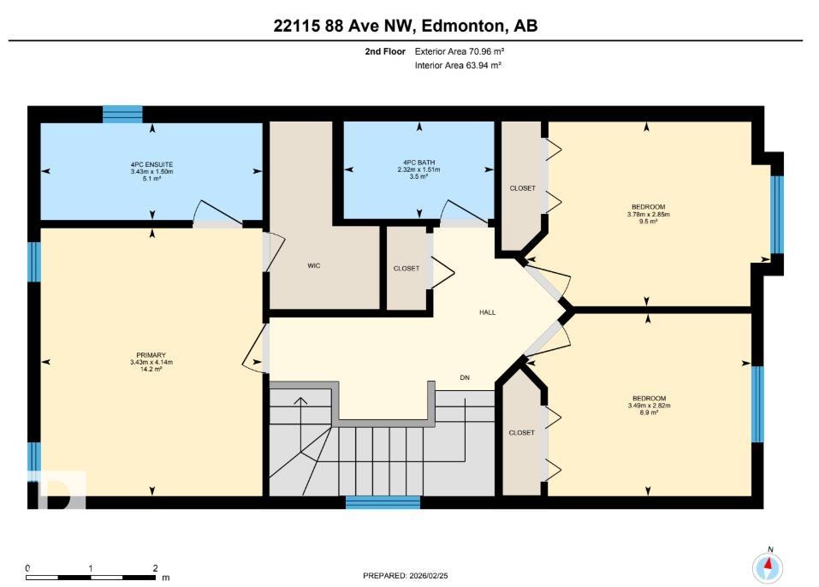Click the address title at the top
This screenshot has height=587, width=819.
406,27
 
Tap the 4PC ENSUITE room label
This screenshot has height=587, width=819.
151,163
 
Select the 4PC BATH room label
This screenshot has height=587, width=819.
419,163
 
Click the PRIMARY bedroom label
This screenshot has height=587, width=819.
151,355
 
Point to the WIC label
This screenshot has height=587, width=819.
314,266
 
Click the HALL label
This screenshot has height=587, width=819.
487,312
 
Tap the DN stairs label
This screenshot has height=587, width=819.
465,377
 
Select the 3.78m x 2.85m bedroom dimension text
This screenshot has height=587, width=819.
647,214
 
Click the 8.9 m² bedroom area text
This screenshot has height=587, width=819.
647,412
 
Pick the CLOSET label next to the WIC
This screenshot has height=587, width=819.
407,269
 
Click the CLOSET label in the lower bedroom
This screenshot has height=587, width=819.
521,433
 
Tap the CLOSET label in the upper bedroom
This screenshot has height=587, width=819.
522,188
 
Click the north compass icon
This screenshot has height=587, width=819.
767,566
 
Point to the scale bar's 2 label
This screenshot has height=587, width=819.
155,568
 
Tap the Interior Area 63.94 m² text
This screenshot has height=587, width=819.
458,64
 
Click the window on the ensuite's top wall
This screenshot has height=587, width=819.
122,114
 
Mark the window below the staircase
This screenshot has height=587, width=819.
383,502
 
